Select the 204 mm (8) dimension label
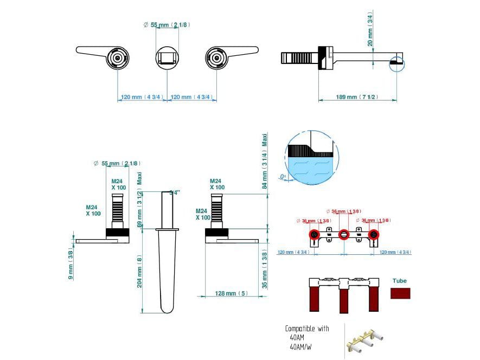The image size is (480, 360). point(140,272)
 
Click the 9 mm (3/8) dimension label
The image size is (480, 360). point(71,263)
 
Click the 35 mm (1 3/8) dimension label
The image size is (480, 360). point(265,269)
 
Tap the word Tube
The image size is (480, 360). point(400,281)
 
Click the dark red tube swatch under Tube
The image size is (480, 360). point(400,293)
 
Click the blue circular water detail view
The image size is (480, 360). point(311,158)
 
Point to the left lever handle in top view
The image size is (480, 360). point(104,55)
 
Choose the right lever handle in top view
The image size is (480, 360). point(231,55)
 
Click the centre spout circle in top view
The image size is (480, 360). point(167,57)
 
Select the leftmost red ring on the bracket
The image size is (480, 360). point(314,235)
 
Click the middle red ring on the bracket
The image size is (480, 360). point(343,235)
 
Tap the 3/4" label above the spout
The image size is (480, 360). point(174,192)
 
